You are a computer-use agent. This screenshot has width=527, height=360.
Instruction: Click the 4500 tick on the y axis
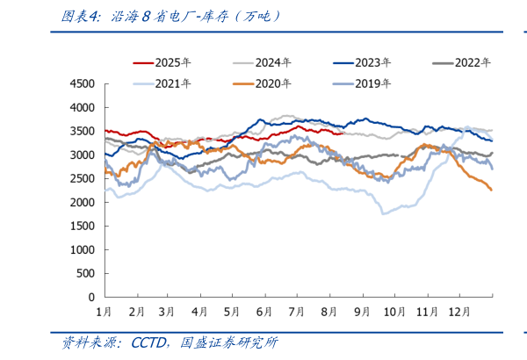point(82,84)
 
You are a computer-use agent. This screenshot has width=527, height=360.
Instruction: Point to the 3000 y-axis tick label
point(82,155)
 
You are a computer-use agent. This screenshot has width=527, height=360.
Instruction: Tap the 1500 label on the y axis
point(82,227)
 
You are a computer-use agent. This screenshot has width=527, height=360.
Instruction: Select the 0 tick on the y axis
point(90,298)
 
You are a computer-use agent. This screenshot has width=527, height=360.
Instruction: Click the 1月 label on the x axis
point(104,312)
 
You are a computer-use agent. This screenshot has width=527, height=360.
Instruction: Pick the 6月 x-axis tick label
point(263,312)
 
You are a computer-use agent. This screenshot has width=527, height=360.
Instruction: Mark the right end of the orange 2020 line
point(491,190)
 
